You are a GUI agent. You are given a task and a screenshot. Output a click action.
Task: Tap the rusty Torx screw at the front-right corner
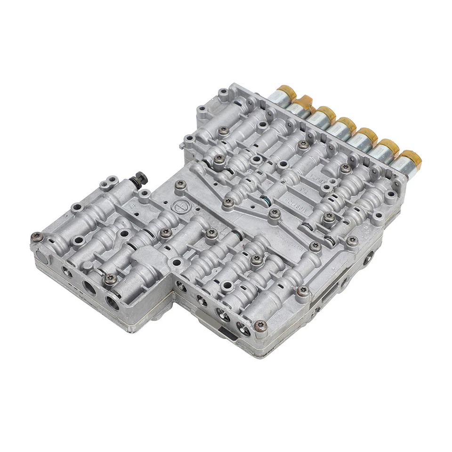tap(260, 325)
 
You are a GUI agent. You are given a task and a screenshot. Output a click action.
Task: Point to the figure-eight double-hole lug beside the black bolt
tap(110, 180)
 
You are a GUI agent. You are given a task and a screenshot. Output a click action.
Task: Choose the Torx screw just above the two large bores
tap(109, 278)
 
